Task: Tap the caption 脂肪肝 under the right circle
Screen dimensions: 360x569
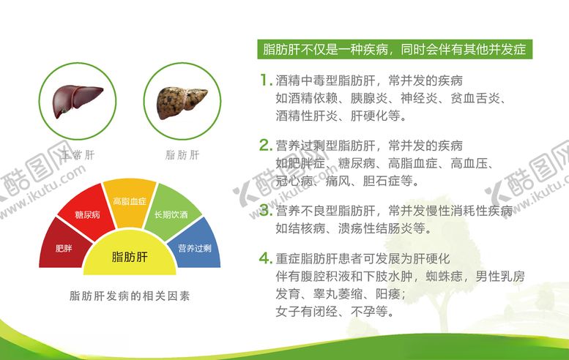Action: (182, 154)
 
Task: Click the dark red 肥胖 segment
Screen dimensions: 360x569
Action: (64, 248)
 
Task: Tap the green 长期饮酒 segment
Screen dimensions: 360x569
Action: (170, 214)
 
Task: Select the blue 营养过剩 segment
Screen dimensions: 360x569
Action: (194, 248)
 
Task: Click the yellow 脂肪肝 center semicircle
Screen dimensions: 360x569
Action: (129, 257)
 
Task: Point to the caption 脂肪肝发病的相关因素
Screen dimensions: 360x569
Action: (129, 296)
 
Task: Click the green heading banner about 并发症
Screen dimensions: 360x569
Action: (395, 50)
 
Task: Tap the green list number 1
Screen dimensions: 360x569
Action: (264, 80)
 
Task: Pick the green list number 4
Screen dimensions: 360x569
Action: (264, 259)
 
